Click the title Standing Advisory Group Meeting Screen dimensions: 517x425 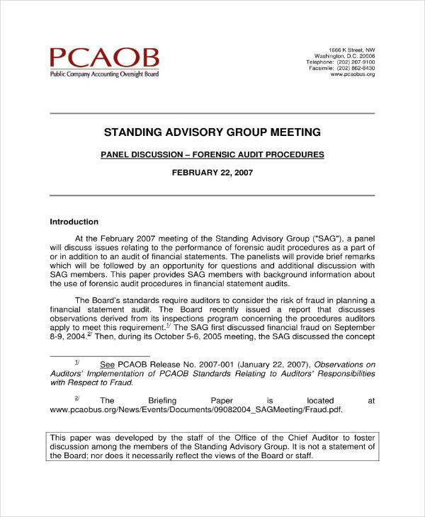pyautogui.click(x=212, y=132)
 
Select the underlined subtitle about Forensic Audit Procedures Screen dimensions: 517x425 pyautogui.click(x=212, y=154)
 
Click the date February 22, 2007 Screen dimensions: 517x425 pyautogui.click(x=212, y=172)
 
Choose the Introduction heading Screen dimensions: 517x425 pyautogui.click(x=74, y=222)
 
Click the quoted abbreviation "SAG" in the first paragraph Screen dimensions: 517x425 pyautogui.click(x=328, y=239)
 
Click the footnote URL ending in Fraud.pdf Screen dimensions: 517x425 pyautogui.click(x=200, y=409)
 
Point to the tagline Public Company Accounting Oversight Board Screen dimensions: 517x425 pyautogui.click(x=103, y=74)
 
